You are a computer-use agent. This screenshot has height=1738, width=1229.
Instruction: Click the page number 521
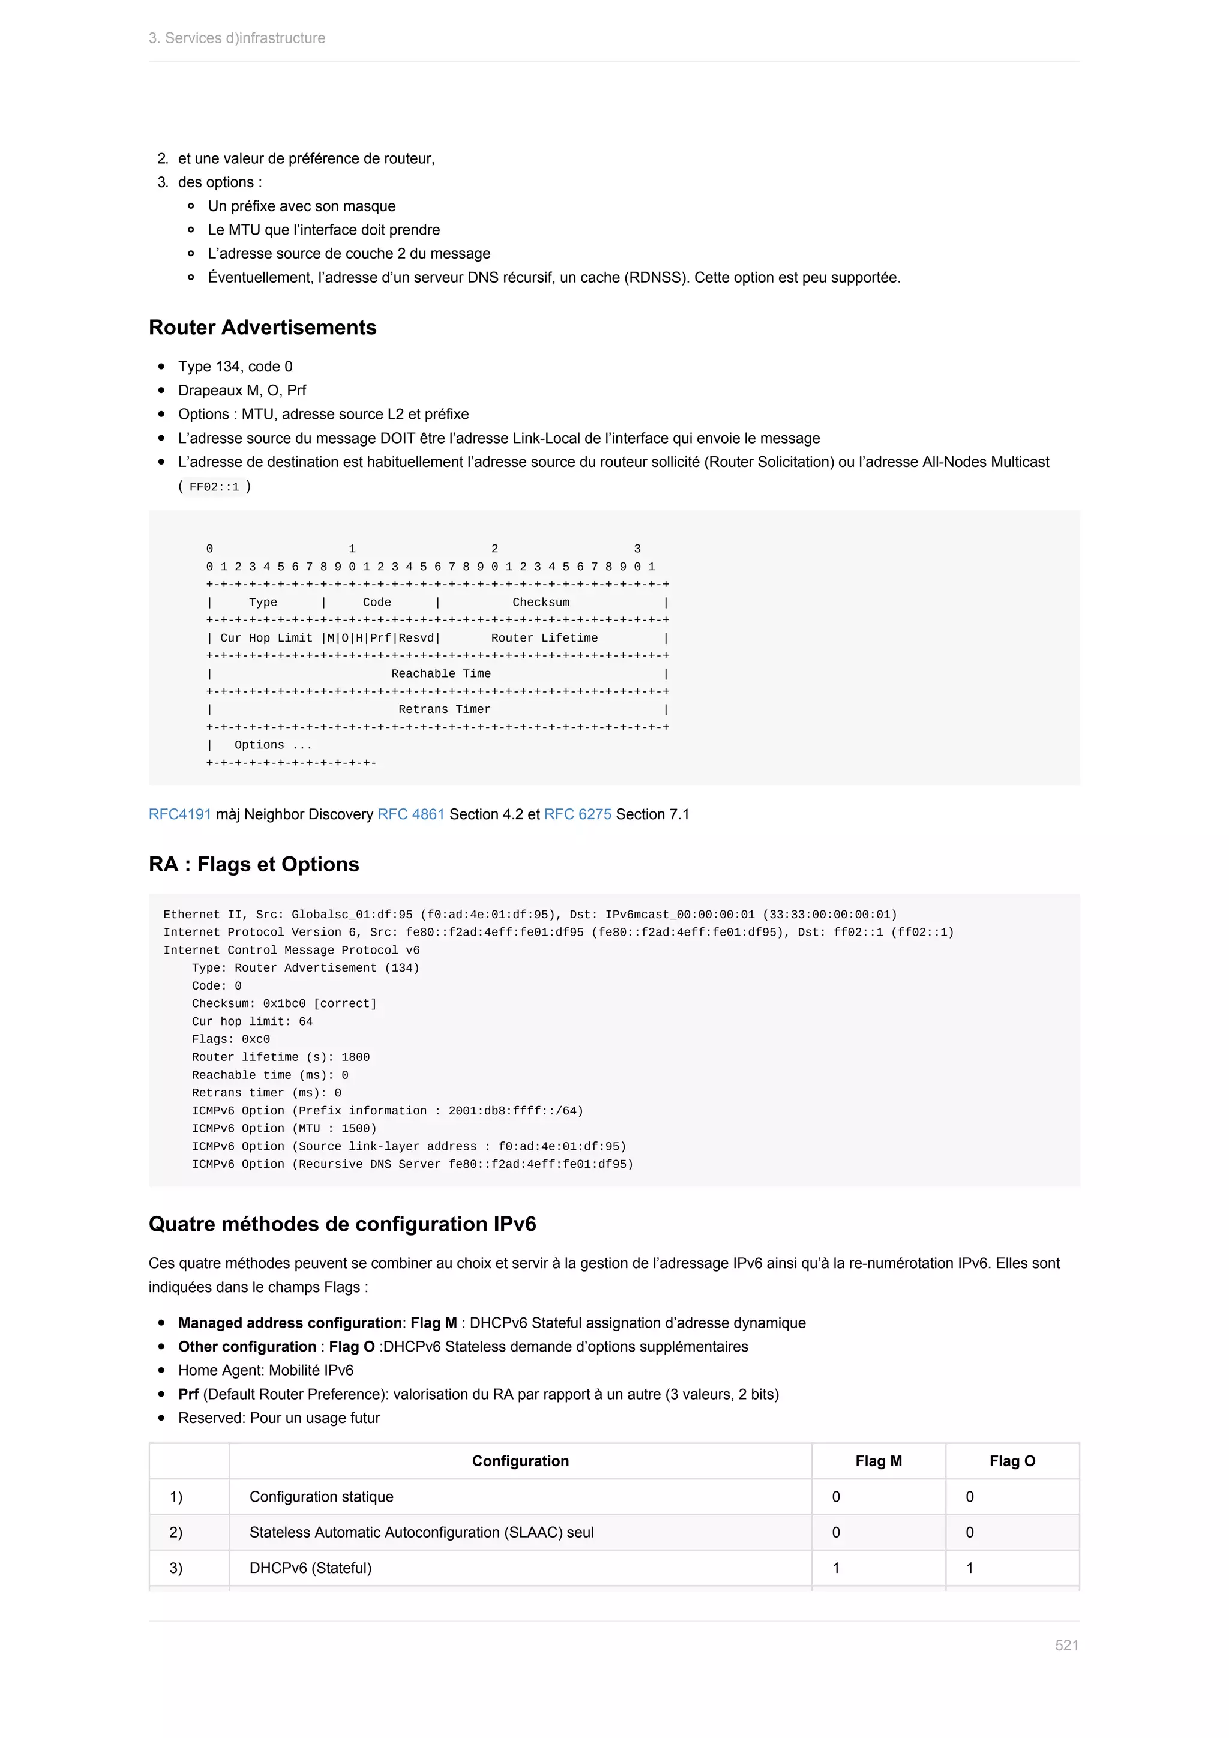click(x=1066, y=1645)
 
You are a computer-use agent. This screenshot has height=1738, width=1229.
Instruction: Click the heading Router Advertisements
click(x=263, y=328)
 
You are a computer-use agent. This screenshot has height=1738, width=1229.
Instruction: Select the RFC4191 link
click(x=180, y=814)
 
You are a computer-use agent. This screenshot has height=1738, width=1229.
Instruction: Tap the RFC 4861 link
click(x=411, y=814)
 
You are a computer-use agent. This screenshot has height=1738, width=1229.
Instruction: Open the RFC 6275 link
click(x=577, y=814)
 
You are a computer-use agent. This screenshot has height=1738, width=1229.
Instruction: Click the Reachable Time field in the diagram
click(x=440, y=674)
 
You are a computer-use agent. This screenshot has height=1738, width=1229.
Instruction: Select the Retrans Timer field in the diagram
click(x=444, y=709)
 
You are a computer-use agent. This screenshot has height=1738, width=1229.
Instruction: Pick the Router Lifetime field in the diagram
click(x=544, y=638)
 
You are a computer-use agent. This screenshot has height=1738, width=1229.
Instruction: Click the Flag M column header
click(x=878, y=1461)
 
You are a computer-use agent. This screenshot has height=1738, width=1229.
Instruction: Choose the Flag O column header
click(x=1012, y=1461)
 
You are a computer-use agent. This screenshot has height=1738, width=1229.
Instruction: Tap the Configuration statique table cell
click(x=322, y=1497)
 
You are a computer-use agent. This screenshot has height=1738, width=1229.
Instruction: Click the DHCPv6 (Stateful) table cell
click(x=310, y=1568)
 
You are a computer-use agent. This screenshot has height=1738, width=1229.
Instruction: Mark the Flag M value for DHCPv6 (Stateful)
click(x=836, y=1568)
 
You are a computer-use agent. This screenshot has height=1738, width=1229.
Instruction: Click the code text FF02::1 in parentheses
click(x=214, y=487)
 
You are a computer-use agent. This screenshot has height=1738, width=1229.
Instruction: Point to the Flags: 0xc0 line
click(x=231, y=1039)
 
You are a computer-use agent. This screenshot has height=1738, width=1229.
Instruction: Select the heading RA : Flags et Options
click(x=253, y=864)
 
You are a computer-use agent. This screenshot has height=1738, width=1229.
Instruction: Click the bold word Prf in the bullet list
click(x=188, y=1394)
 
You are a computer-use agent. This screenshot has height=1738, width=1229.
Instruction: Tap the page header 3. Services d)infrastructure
click(x=237, y=38)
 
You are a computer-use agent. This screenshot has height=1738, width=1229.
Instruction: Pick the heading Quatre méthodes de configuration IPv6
click(x=342, y=1225)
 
